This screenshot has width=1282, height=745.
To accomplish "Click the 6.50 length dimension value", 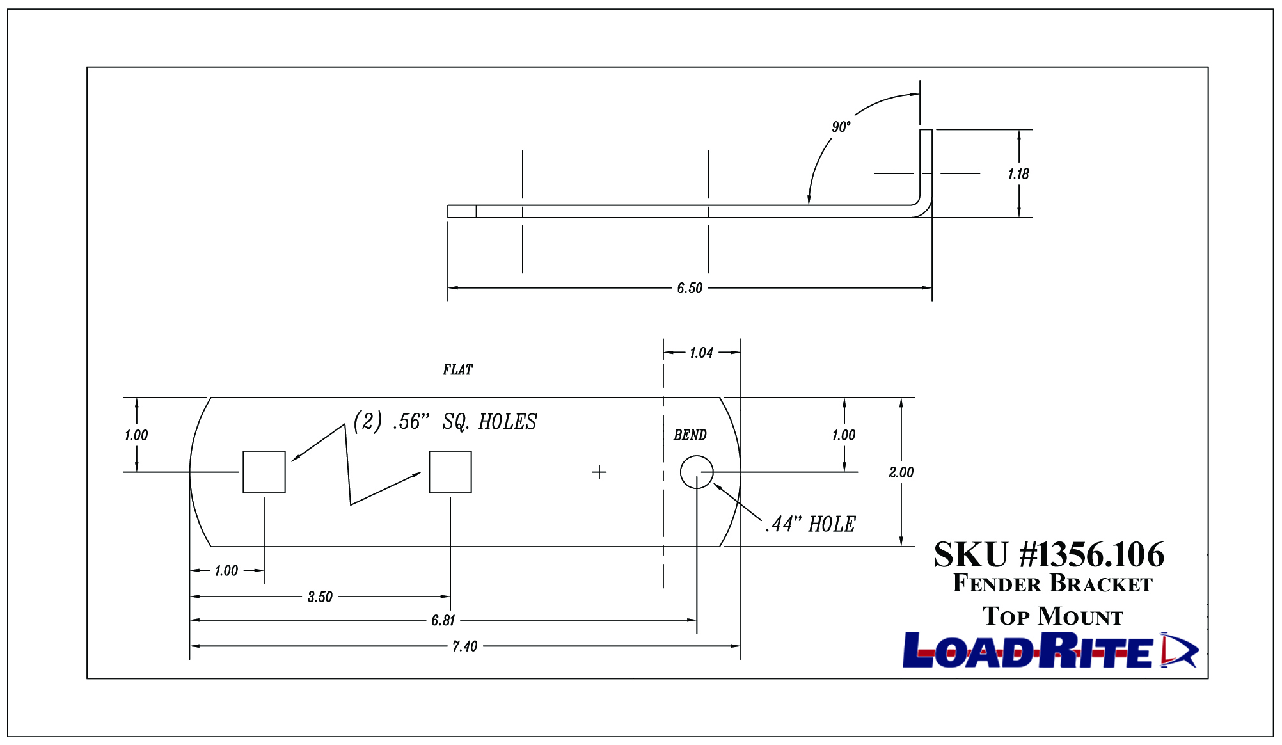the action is pyautogui.click(x=690, y=288).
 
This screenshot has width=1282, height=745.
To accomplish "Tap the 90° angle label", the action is pyautogui.click(x=841, y=127).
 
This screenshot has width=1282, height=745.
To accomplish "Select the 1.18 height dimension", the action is pyautogui.click(x=1018, y=174).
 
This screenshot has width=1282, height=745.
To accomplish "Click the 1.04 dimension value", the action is pyautogui.click(x=701, y=353).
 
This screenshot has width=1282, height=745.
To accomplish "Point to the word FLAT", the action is pyautogui.click(x=457, y=370).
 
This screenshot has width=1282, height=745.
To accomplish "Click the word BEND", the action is pyautogui.click(x=690, y=435).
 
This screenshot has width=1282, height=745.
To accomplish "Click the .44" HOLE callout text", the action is pyautogui.click(x=811, y=524).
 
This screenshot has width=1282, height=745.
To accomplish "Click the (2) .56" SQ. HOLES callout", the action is pyautogui.click(x=445, y=422).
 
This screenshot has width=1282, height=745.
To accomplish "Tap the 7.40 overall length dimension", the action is pyautogui.click(x=465, y=646).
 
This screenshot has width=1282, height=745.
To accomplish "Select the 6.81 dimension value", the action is pyautogui.click(x=443, y=620).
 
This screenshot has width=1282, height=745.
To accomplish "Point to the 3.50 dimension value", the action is pyautogui.click(x=320, y=597).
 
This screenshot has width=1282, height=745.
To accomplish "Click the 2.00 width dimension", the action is pyautogui.click(x=901, y=472).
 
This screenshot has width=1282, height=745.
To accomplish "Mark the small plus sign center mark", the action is pyautogui.click(x=599, y=472).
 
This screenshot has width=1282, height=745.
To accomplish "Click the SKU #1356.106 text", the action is pyautogui.click(x=1049, y=554).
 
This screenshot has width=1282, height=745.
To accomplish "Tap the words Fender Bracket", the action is pyautogui.click(x=1052, y=584).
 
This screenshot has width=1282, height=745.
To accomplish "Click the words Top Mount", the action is pyautogui.click(x=1053, y=616).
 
